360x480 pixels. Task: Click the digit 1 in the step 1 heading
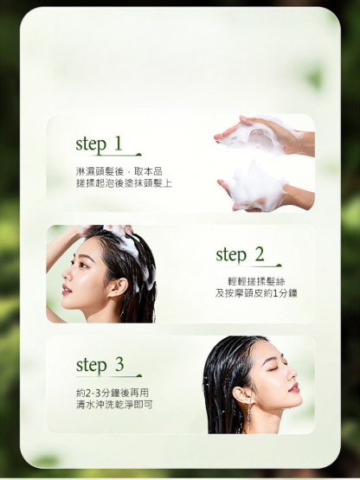click(x=118, y=144)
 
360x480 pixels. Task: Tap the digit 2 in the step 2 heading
click(x=259, y=254)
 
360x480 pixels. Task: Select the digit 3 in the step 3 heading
click(x=119, y=364)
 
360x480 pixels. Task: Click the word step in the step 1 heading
click(x=91, y=144)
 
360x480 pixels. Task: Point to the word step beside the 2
click(x=231, y=255)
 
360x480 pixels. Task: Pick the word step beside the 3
click(x=92, y=366)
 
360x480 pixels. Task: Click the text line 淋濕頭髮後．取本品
click(x=119, y=171)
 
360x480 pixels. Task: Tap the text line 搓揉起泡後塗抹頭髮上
click(x=124, y=183)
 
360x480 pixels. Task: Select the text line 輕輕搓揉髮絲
click(x=256, y=281)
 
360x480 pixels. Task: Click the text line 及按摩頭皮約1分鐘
click(x=256, y=293)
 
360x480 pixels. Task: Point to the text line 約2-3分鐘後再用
click(x=112, y=393)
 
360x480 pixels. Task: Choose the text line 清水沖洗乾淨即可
click(x=114, y=405)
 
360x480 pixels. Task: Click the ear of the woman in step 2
click(x=119, y=287)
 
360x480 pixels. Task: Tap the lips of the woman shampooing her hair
click(x=66, y=289)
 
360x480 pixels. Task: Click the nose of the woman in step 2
click(x=65, y=275)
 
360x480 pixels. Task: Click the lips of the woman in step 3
click(x=293, y=387)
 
